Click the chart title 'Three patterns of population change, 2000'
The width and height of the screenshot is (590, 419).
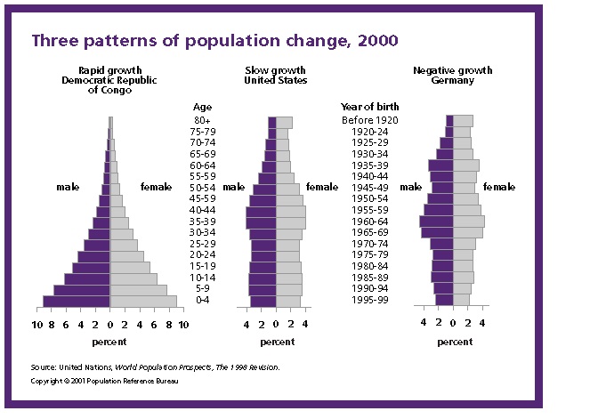point(214,40)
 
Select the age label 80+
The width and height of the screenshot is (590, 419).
point(201,120)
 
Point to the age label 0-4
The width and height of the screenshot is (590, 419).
point(201,300)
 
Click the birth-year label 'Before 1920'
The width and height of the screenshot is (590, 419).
point(369,120)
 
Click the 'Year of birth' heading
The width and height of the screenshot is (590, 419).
point(366,106)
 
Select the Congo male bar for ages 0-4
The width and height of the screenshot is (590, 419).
point(77,301)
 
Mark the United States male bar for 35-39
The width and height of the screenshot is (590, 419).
point(261,222)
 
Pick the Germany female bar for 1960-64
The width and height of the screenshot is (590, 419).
point(469,221)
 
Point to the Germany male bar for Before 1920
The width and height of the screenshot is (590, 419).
point(449,120)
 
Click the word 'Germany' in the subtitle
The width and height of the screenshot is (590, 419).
point(453,80)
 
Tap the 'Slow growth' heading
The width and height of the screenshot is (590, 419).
point(276,69)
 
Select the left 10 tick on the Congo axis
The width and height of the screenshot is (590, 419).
point(37,325)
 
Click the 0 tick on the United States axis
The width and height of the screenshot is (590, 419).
point(276,325)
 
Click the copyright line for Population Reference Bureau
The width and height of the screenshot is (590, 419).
point(97,381)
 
